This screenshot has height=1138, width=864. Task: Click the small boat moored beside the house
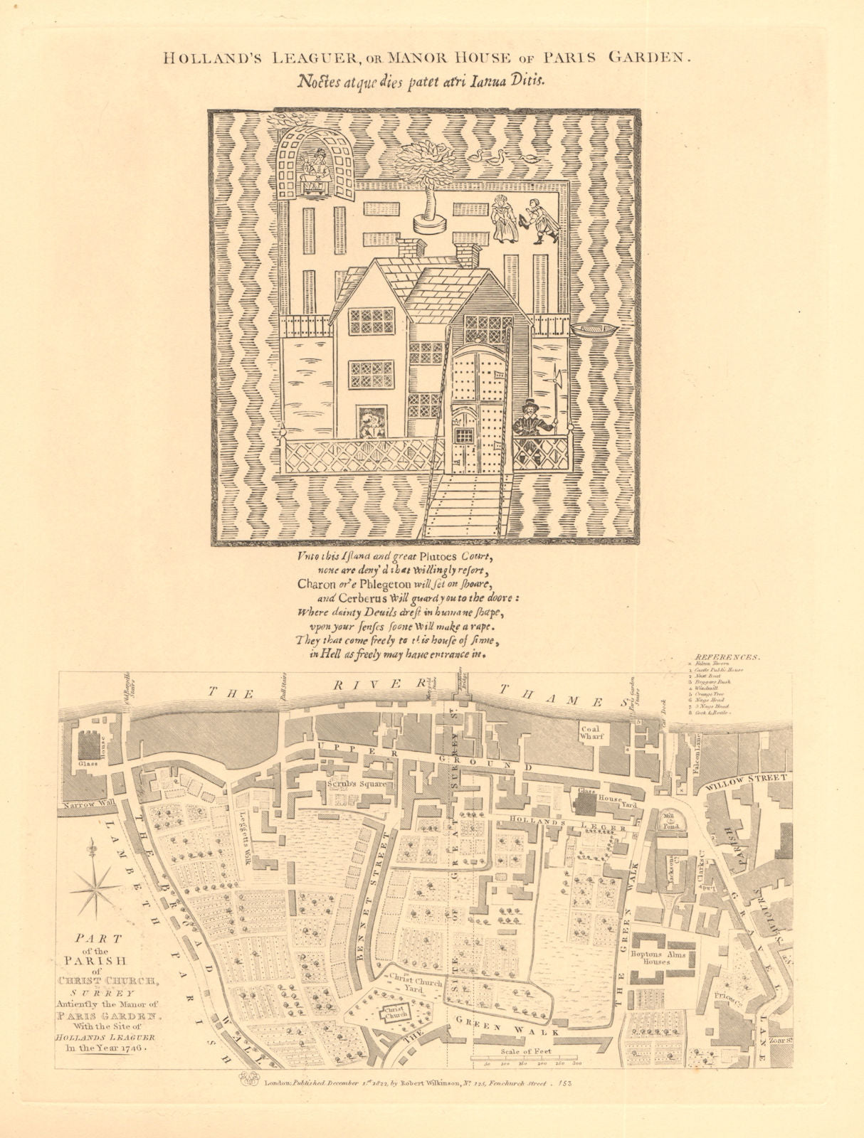coord(594,331)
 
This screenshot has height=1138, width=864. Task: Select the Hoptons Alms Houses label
coord(657,958)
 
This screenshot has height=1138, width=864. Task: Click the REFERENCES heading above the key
coord(726,658)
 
